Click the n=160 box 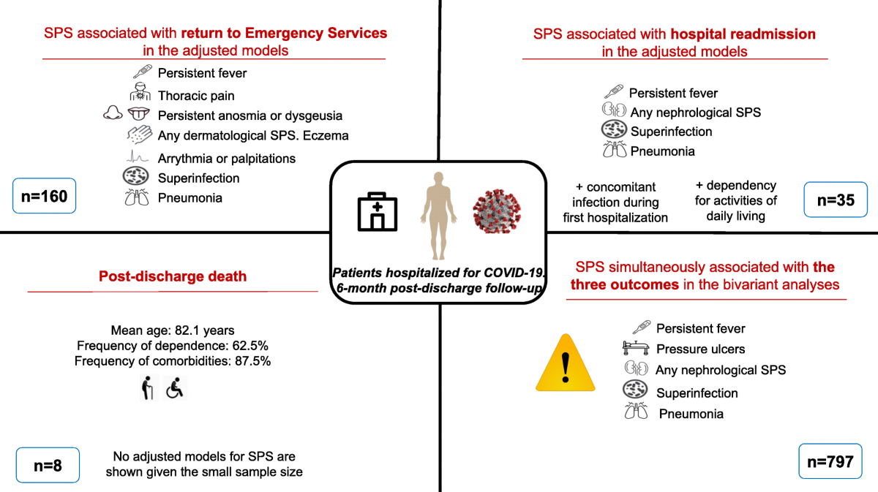(x=44, y=195)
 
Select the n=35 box (x=835, y=199)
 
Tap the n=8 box (x=47, y=466)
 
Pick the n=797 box (x=830, y=461)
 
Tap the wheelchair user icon (x=175, y=388)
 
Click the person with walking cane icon (x=149, y=388)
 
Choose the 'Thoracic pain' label (x=196, y=95)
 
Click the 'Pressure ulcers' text (x=700, y=349)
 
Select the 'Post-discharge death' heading (x=173, y=276)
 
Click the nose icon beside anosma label (x=113, y=115)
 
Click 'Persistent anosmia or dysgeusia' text (x=249, y=116)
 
